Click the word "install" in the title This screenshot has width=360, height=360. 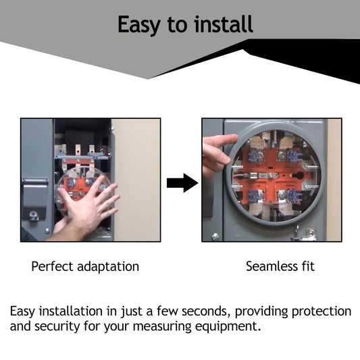[224, 24]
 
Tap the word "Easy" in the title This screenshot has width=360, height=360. [138, 25]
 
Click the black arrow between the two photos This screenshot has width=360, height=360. [182, 183]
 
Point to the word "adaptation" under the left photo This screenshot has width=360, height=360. [108, 267]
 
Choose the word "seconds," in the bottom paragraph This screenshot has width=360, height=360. [207, 311]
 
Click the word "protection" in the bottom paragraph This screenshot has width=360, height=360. [322, 312]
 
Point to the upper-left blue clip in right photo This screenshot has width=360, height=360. [254, 156]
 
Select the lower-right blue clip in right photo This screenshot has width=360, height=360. [292, 196]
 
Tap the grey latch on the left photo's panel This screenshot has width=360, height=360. [35, 197]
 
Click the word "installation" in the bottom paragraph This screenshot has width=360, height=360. [71, 311]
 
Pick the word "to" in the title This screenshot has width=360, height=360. [177, 25]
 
